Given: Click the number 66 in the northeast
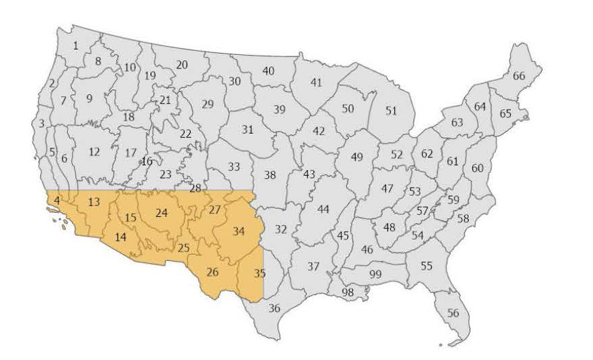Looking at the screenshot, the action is [519, 76].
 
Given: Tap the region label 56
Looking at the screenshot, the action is [453, 313].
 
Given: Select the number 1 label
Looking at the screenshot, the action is [75, 45].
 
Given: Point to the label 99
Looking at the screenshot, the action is [375, 273].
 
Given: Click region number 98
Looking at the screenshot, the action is [348, 292].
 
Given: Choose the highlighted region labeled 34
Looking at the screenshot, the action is [238, 231].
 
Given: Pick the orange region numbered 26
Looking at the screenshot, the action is [212, 273].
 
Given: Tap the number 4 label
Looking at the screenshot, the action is [57, 200].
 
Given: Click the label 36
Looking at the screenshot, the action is [274, 308].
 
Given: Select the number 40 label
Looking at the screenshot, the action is [268, 71].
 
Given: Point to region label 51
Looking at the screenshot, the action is [391, 111].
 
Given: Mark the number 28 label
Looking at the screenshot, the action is [195, 188].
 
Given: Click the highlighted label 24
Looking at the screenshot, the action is [161, 213].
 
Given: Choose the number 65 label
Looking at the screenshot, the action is [505, 113].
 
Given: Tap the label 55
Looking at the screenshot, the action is [426, 266].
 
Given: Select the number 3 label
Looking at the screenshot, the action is [41, 123].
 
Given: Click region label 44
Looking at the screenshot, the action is [323, 209].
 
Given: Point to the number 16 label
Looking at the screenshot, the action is [147, 161].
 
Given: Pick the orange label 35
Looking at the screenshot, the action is [259, 274].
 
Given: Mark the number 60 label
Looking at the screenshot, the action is [478, 167].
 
